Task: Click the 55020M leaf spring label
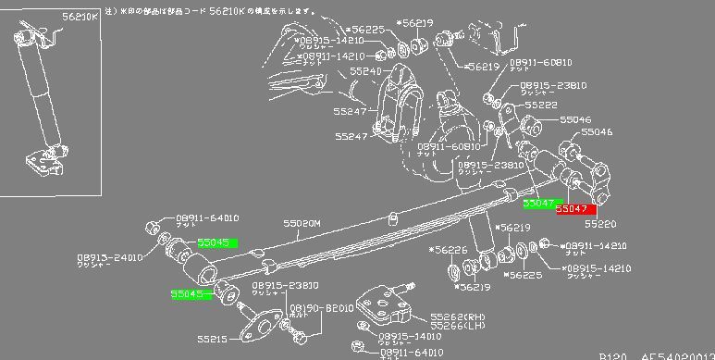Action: (302, 223)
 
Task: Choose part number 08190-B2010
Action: (322, 307)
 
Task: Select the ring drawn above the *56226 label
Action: (454, 273)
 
